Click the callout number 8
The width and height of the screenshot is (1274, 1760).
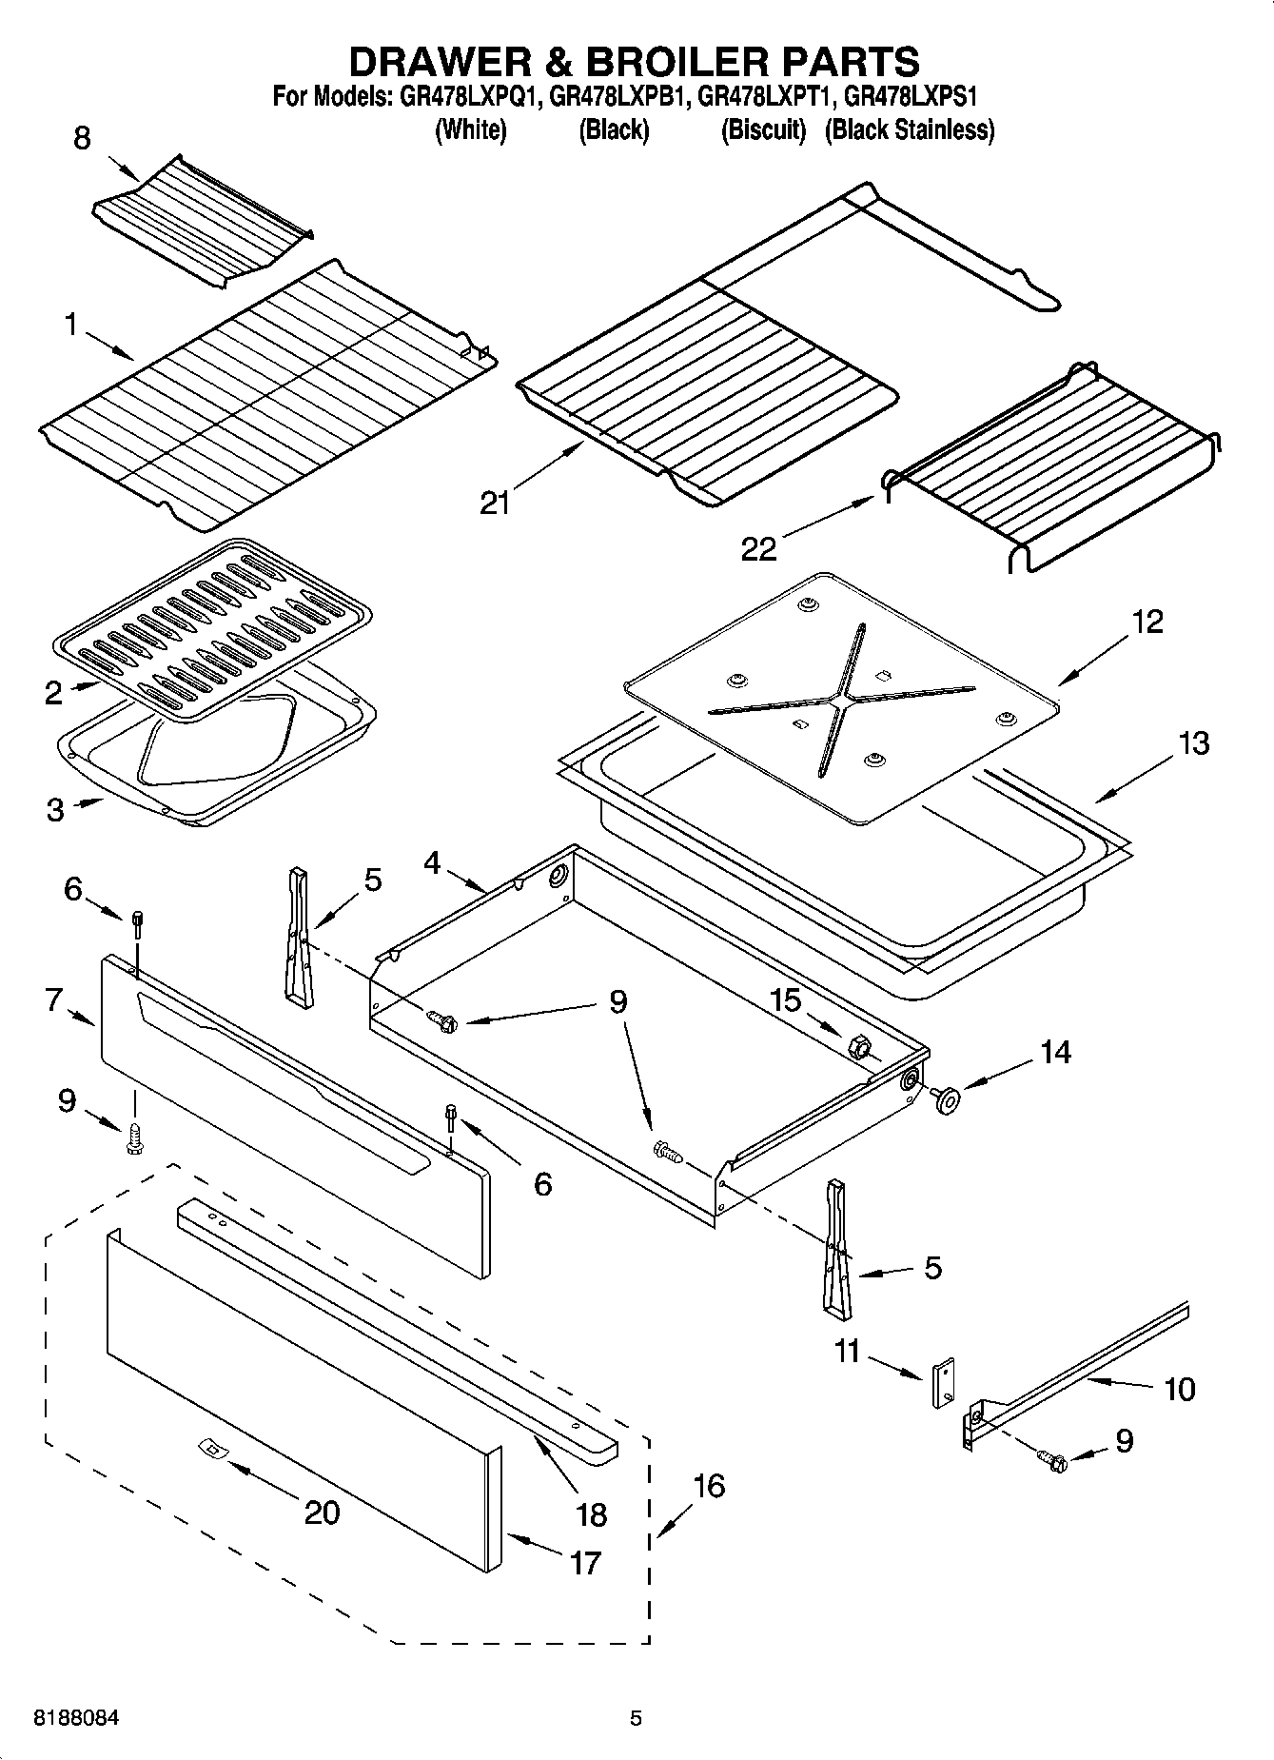click(x=82, y=139)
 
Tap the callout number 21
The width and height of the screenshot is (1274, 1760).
click(x=495, y=504)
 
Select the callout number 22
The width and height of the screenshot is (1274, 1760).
click(x=758, y=549)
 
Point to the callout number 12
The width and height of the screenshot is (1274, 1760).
click(x=1147, y=623)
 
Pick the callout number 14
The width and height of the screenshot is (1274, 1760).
click(x=1055, y=1053)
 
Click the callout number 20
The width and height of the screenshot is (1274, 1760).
click(x=322, y=1513)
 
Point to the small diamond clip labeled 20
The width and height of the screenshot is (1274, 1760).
click(x=211, y=1450)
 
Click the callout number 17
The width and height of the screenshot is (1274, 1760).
click(x=584, y=1562)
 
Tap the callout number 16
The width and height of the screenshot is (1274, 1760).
click(x=709, y=1486)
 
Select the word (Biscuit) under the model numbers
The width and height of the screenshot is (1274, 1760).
click(x=763, y=129)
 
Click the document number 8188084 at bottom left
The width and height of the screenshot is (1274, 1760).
click(x=76, y=1718)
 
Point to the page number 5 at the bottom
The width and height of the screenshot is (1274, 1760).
click(x=636, y=1718)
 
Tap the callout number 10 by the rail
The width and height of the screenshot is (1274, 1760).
click(x=1179, y=1390)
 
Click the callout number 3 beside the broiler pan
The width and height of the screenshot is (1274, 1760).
click(x=55, y=810)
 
